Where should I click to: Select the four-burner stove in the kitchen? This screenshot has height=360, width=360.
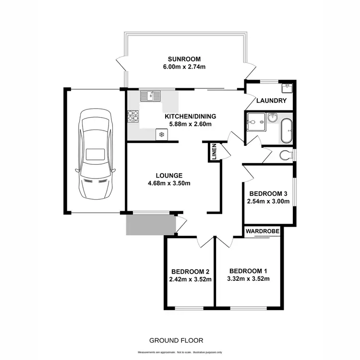point(133,115)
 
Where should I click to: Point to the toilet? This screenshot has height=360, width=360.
point(285,155)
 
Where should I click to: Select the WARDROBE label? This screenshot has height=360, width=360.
point(263,231)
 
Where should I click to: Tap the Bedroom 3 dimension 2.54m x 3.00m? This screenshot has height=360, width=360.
point(269,201)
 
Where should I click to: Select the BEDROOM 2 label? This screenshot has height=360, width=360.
point(190,270)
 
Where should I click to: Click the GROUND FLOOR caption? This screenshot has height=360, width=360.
point(176,340)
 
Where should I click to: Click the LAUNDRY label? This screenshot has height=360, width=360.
point(272,101)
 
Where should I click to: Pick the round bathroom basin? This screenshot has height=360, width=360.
point(272,118)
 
